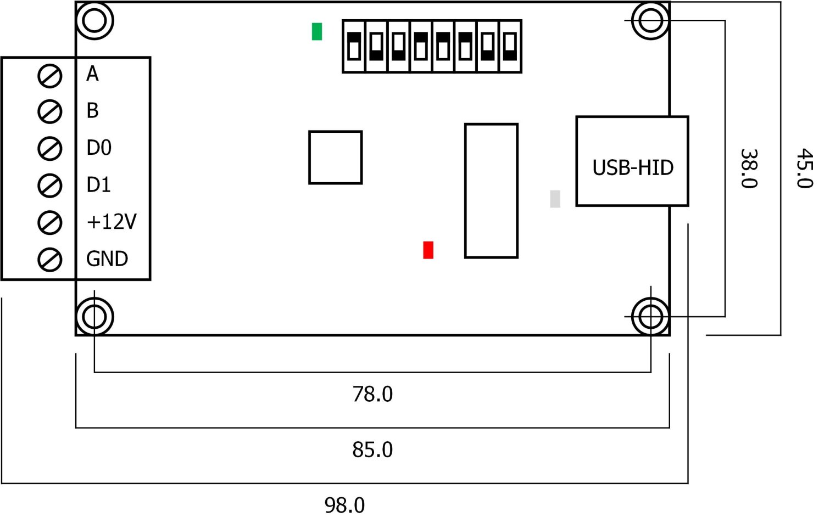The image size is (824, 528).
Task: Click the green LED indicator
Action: [317, 31]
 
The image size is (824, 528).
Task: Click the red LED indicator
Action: [428, 250]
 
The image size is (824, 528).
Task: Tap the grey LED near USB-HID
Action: [555, 199]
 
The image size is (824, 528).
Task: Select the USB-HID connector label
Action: [633, 167]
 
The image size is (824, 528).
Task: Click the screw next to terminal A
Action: [50, 75]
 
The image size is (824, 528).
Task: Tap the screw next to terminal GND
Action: [50, 260]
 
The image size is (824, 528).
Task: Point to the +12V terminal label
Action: [112, 222]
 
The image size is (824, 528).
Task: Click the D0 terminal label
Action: [99, 148]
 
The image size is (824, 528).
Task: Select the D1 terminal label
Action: [99, 185]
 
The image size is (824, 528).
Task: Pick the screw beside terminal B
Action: [50, 112]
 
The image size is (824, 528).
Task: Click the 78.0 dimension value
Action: [372, 394]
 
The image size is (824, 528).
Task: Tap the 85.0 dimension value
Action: [372, 450]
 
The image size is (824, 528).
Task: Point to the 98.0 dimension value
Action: [344, 505]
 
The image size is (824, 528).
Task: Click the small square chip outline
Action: [335, 158]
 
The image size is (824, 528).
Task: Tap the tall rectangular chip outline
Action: [491, 190]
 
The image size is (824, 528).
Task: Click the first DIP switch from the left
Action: [354, 47]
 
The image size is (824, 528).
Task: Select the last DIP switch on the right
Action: [510, 47]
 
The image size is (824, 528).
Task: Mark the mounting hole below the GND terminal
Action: [94, 317]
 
